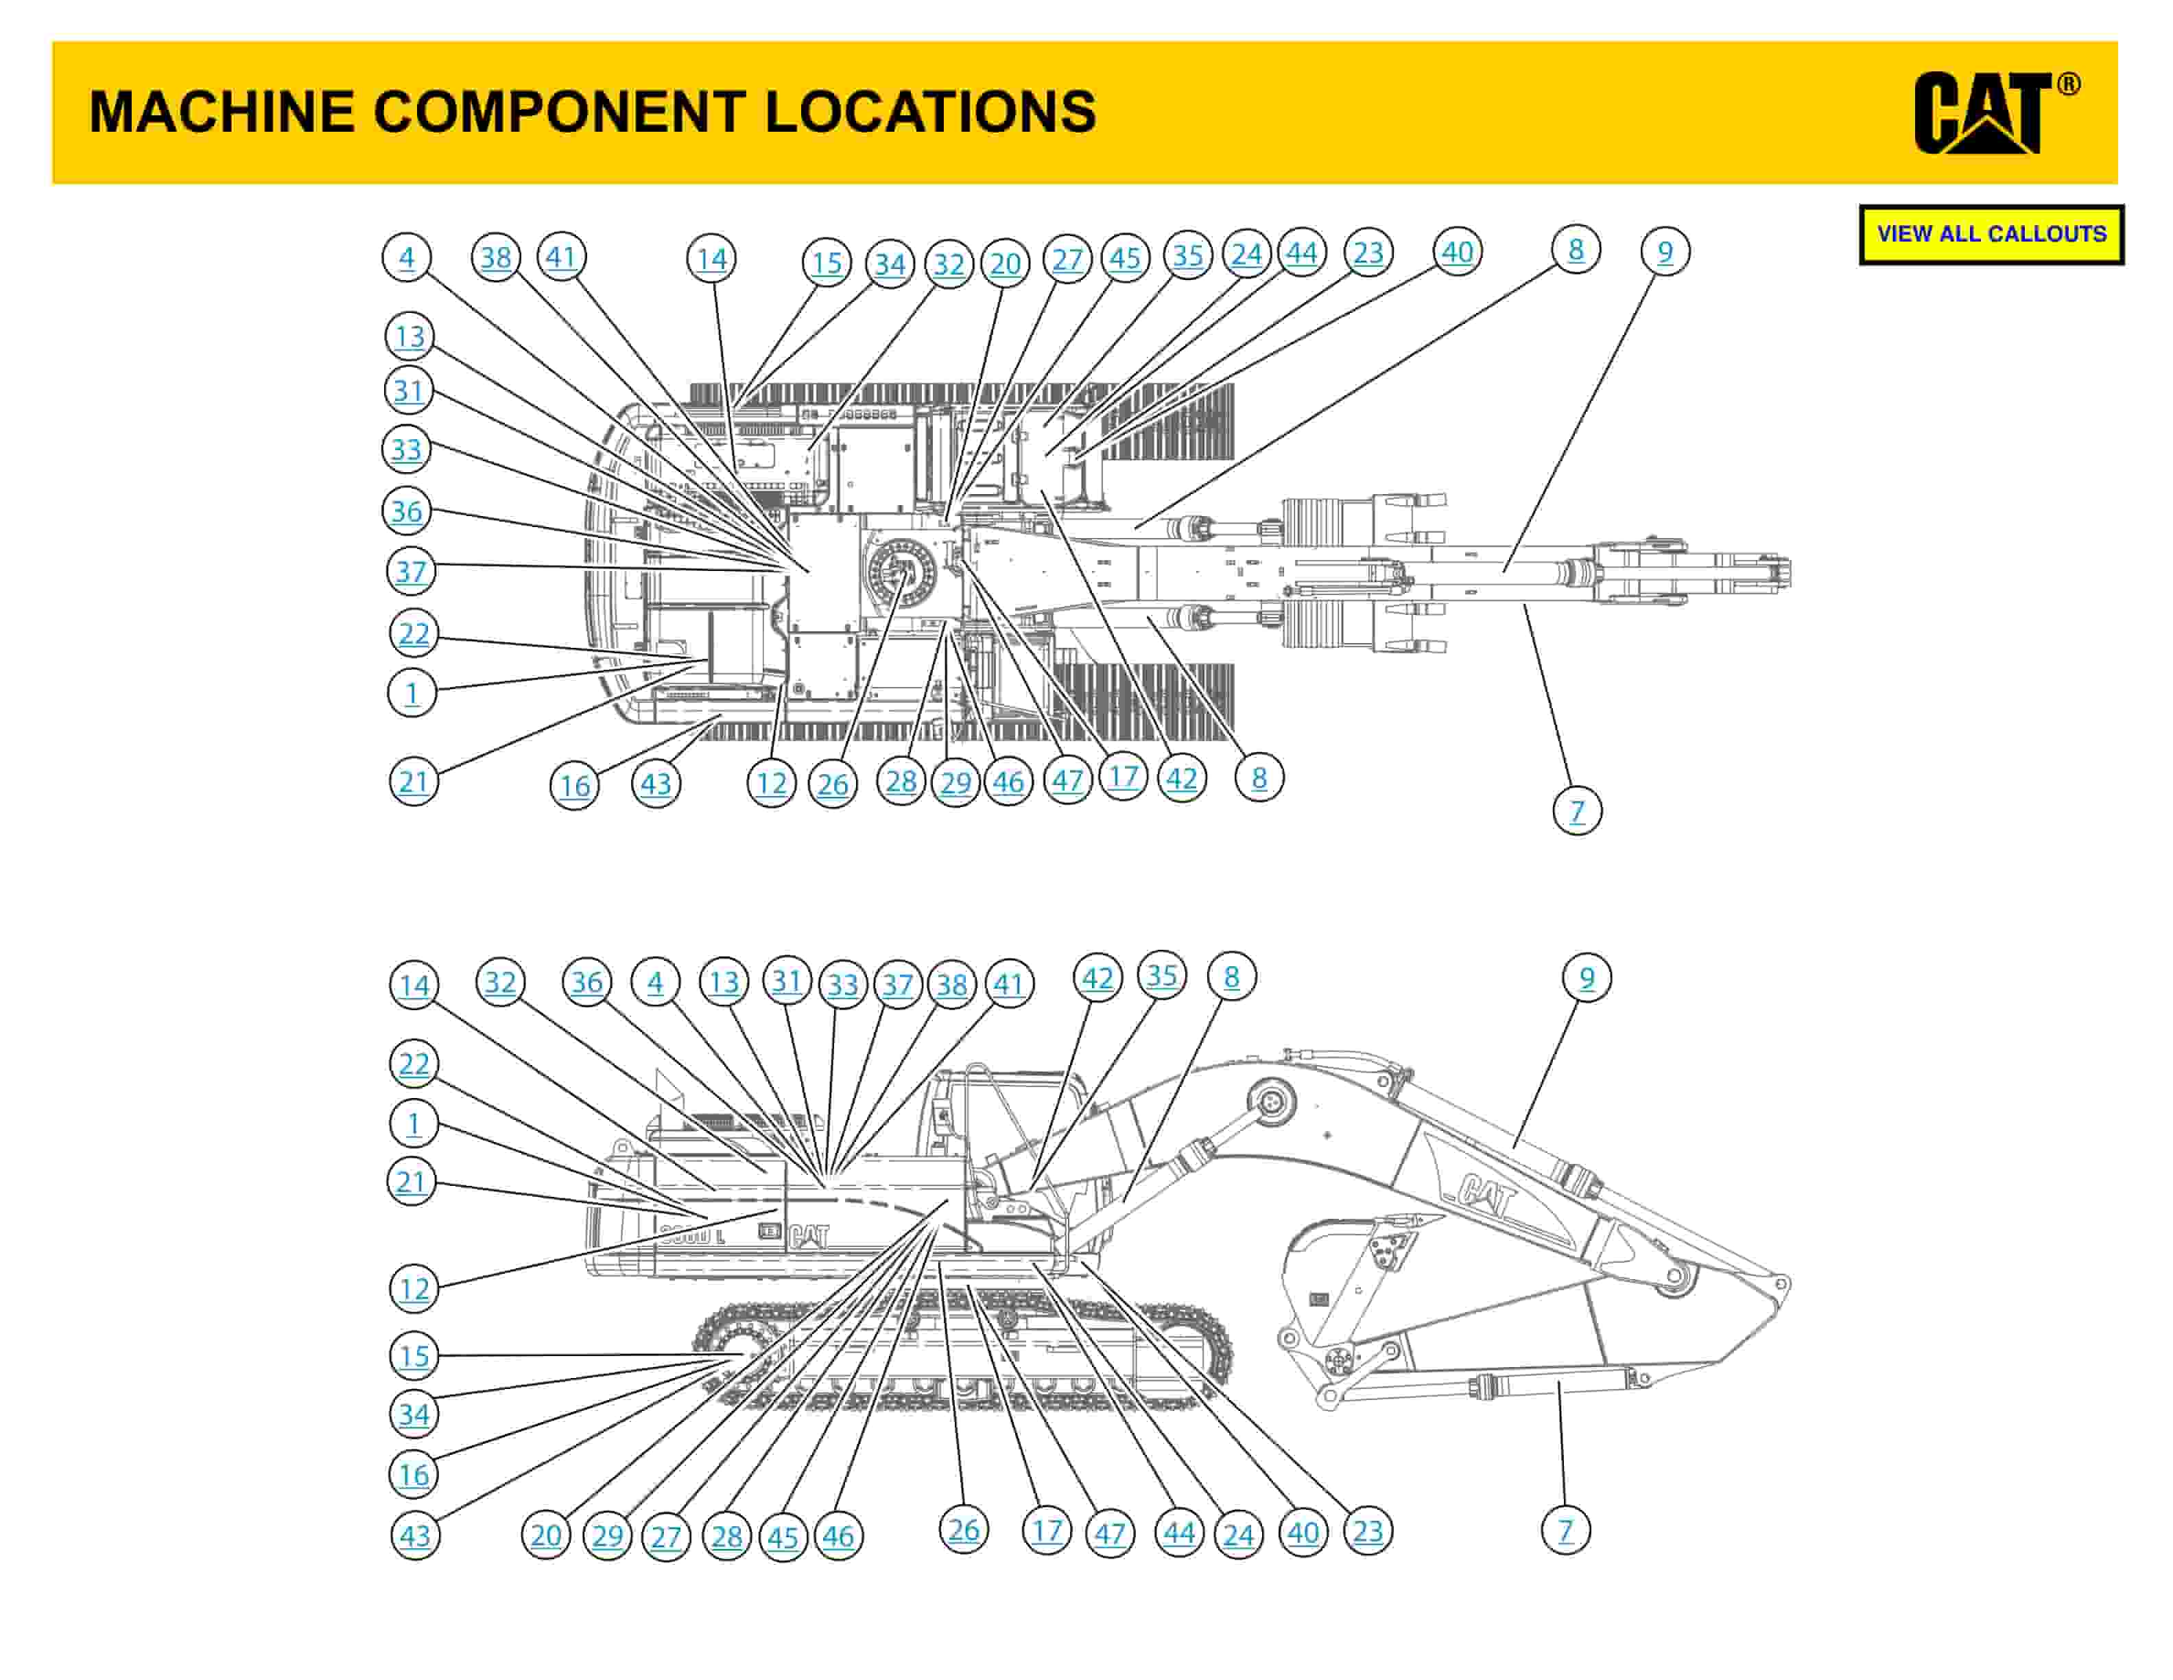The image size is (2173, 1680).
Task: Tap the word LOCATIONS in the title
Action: pos(930,111)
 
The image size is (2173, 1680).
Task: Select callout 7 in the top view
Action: pos(1577,811)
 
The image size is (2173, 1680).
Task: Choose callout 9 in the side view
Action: pos(1587,979)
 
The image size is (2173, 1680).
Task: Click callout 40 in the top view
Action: pos(1458,252)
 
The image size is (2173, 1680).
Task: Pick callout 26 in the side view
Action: pos(963,1530)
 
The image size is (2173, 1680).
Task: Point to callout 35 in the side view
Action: pos(1162,977)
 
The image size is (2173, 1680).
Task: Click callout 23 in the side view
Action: pos(1368,1530)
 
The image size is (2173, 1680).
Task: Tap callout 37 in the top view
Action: pos(410,572)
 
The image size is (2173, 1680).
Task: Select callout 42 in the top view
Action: pos(1181,778)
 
